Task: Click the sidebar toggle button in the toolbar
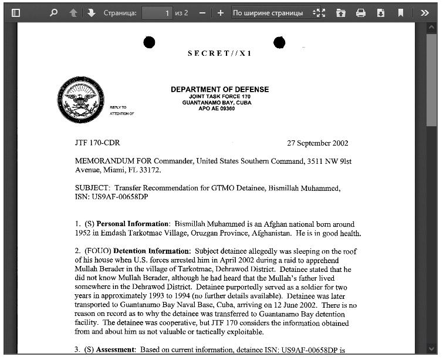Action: tap(16, 12)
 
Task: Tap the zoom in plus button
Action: tap(220, 12)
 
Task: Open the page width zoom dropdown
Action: tap(273, 12)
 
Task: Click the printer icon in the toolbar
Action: tap(361, 12)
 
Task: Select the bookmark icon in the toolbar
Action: tap(401, 12)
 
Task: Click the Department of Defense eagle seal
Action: tap(79, 100)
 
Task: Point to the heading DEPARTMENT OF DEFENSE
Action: tap(219, 89)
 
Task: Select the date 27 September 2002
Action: tap(317, 143)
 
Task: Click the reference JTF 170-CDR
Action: tap(97, 143)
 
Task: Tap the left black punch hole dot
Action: tap(149, 42)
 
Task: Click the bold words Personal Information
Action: tap(133, 224)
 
